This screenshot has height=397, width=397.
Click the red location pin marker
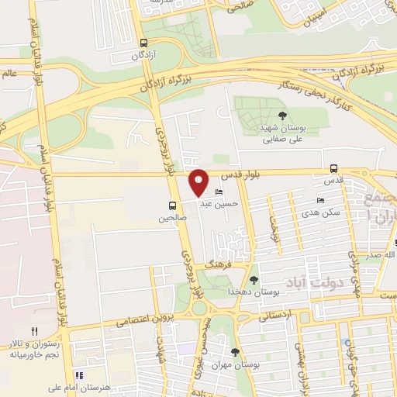coord(199,182)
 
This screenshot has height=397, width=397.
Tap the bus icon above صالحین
coord(172,205)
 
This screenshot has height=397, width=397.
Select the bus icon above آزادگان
coord(143,43)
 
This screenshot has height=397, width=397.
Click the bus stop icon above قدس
coord(333,167)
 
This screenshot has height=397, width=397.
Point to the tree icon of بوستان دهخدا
coord(254,280)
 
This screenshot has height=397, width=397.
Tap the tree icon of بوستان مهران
coord(235,352)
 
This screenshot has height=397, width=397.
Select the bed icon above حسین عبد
coord(219,192)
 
